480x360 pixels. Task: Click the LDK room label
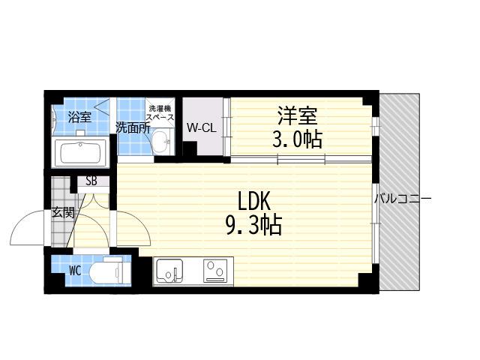point(253,201)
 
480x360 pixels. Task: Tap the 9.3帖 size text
point(253,225)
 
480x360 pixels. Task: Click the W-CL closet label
point(202,127)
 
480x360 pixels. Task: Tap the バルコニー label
point(403,199)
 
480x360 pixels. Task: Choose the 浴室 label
point(79,117)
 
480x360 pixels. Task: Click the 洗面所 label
point(132,128)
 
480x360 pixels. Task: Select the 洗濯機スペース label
point(160,112)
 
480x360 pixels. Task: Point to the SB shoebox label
point(91,181)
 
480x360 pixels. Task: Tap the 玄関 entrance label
point(63,212)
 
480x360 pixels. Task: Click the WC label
point(75,271)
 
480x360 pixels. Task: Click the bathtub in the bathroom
point(81,153)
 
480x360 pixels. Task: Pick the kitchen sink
point(169,271)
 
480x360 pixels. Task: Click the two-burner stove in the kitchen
point(215,271)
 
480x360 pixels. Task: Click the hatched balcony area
point(400,192)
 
